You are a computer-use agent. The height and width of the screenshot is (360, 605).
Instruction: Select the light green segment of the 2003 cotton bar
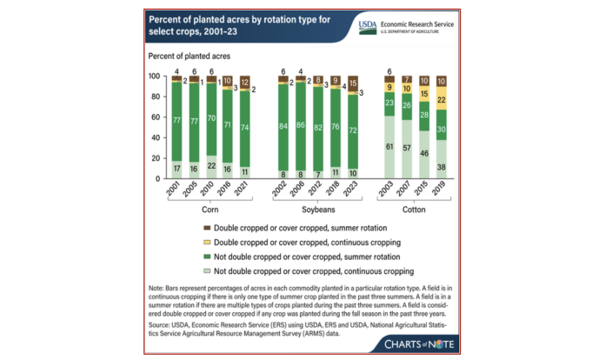tap(390, 148)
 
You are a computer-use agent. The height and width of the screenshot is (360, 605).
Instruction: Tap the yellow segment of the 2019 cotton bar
tap(442, 98)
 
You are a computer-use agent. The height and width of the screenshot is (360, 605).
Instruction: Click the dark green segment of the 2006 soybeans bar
tap(300, 125)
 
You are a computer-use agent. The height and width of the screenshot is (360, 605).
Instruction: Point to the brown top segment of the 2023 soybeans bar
tap(352, 84)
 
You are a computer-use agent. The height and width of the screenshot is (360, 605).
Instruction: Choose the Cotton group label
tap(416, 209)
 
